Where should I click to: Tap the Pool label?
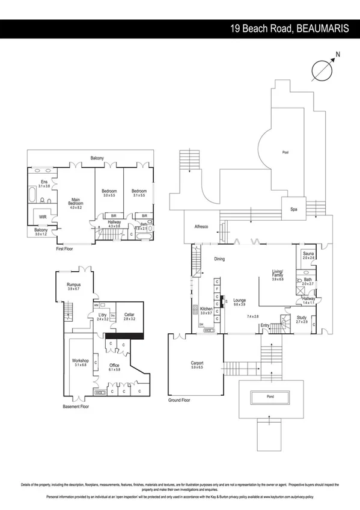pyautogui.click(x=285, y=153)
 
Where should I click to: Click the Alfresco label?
pyautogui.click(x=200, y=227)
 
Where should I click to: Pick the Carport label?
pyautogui.click(x=197, y=363)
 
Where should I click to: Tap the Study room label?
pyautogui.click(x=301, y=319)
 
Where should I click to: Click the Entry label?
pyautogui.click(x=265, y=326)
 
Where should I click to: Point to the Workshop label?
pyautogui.click(x=80, y=361)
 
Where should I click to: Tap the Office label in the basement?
pyautogui.click(x=114, y=365)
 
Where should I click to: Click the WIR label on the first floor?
pyautogui.click(x=43, y=217)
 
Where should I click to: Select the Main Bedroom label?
pyautogui.click(x=76, y=202)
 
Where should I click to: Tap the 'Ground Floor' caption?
pyautogui.click(x=180, y=400)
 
